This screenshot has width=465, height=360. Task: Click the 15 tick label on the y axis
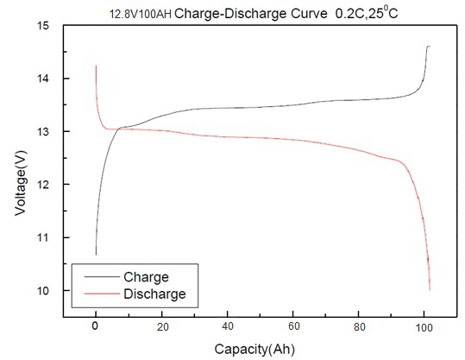42,26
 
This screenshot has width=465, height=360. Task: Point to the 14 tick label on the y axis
42,79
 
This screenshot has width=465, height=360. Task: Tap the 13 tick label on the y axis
42,131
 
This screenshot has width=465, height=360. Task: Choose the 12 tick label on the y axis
42,185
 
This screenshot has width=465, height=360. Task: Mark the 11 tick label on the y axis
42,237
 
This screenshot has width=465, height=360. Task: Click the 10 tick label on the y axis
42,290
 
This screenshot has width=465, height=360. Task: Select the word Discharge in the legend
155,294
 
